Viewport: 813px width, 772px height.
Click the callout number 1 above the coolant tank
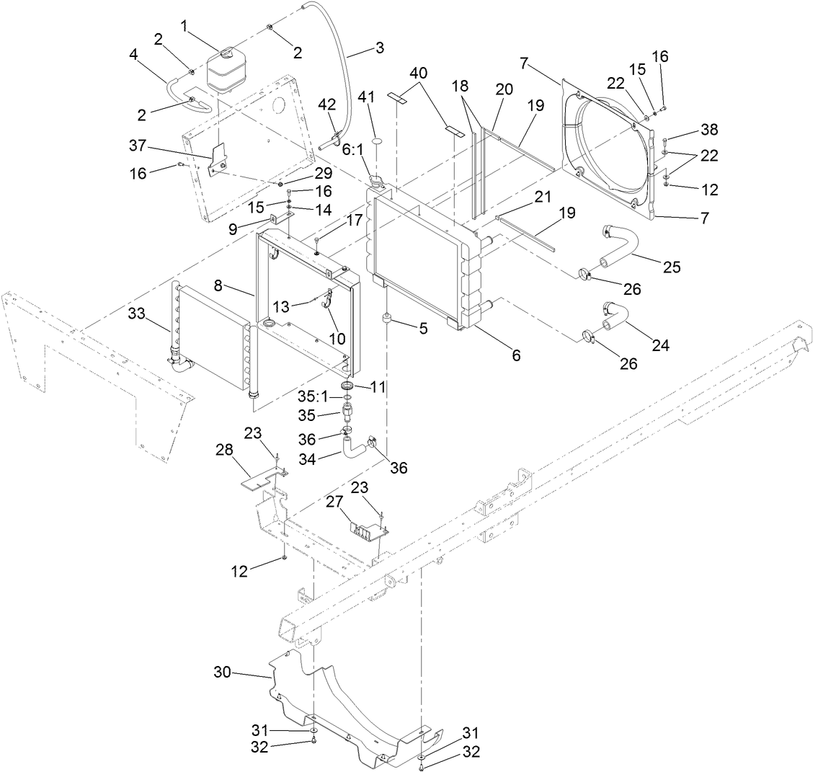pyautogui.click(x=185, y=27)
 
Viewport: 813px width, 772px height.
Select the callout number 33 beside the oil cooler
pyautogui.click(x=137, y=314)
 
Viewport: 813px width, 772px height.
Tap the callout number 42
pyautogui.click(x=327, y=104)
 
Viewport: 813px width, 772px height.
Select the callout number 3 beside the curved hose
pyautogui.click(x=380, y=48)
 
